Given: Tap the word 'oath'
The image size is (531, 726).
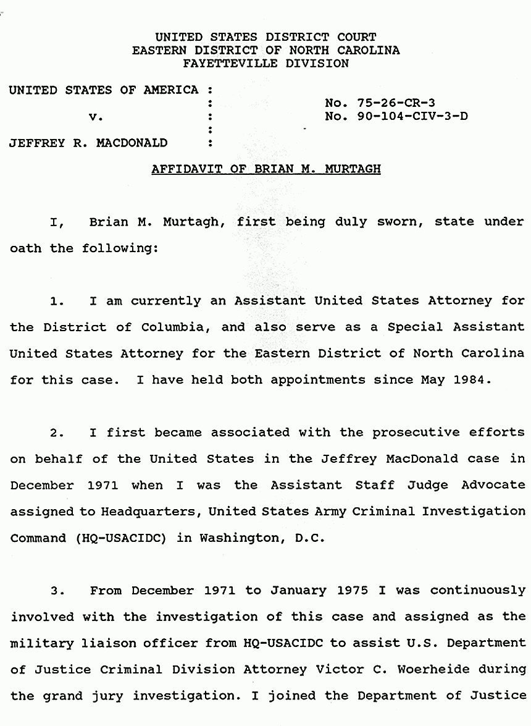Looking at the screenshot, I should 26,248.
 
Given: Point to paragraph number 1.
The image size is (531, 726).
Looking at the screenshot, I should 57,302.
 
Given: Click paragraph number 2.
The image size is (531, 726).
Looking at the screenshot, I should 57,433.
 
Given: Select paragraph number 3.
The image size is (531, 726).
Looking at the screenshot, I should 57,591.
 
